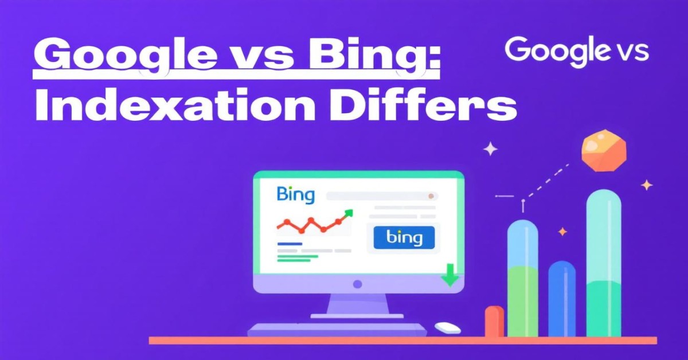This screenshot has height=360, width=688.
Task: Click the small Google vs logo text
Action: [577, 50]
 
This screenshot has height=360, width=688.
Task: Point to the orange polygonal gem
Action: [604, 150]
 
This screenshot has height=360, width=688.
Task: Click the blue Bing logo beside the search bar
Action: [295, 195]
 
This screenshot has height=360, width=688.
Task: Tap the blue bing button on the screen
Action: [404, 237]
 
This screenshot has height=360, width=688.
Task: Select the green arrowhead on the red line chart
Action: [349, 213]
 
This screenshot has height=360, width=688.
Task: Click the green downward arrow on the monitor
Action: [450, 275]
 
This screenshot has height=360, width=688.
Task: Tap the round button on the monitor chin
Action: [358, 284]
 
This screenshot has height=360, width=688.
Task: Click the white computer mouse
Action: [448, 327]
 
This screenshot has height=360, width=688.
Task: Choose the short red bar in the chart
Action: [494, 321]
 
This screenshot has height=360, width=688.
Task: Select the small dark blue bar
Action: [562, 299]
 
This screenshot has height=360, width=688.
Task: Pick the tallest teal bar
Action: [604, 263]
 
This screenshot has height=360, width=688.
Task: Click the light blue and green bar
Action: [522, 278]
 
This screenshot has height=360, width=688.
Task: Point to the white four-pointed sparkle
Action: [491, 149]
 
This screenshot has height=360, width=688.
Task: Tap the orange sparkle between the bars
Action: [562, 231]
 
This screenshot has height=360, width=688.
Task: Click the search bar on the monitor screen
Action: [382, 196]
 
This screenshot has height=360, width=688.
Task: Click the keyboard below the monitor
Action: [337, 330]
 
